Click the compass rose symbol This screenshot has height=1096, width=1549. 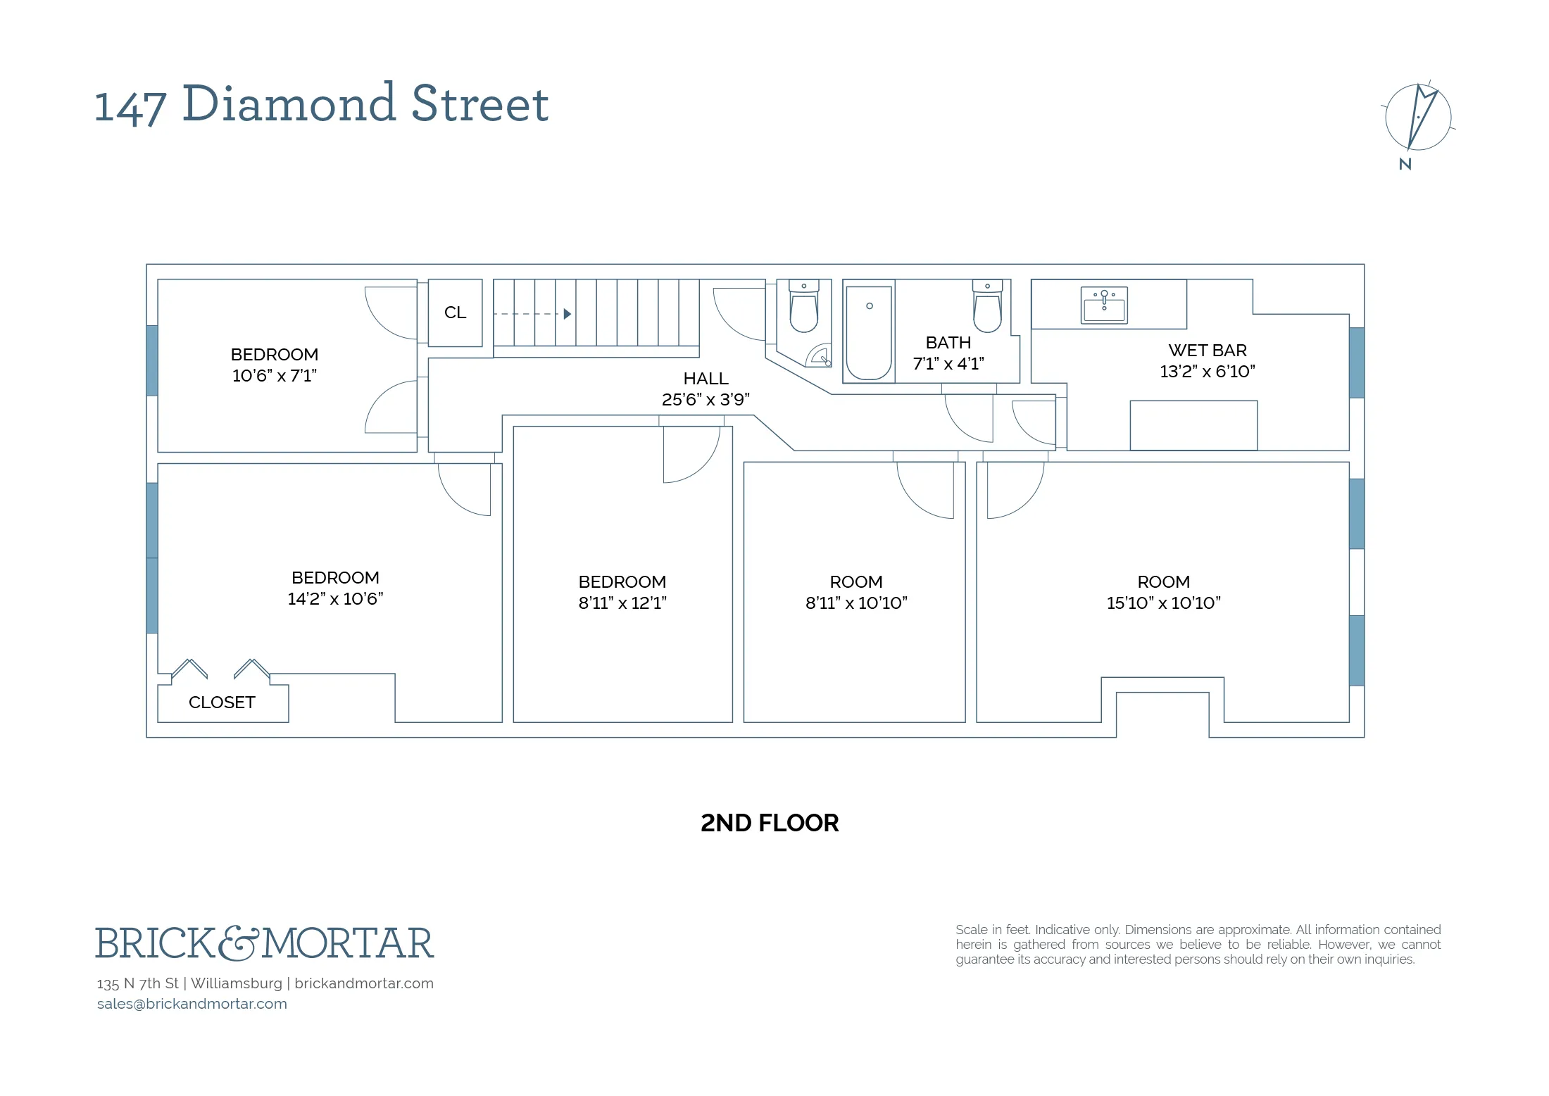pos(1418,117)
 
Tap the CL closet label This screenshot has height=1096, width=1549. pos(455,313)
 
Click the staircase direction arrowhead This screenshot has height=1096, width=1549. pos(567,314)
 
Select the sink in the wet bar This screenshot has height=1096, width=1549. pos(1104,305)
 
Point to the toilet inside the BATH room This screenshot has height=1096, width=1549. pos(987,308)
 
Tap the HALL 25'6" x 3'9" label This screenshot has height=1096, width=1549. pos(705,389)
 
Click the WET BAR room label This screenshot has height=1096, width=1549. pos(1207,351)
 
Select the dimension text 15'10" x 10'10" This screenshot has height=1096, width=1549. pos(1163,603)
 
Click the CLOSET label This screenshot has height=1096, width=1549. pos(222,703)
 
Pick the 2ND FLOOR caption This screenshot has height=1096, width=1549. pos(770,823)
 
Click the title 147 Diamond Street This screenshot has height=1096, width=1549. pos(322,104)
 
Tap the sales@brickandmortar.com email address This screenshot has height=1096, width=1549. pos(192,1004)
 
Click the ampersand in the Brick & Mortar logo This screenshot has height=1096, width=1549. pos(239,943)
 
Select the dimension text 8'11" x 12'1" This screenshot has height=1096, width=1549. pos(622,603)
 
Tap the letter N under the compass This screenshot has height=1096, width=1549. pos(1405,165)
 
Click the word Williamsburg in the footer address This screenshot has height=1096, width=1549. pos(236,983)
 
